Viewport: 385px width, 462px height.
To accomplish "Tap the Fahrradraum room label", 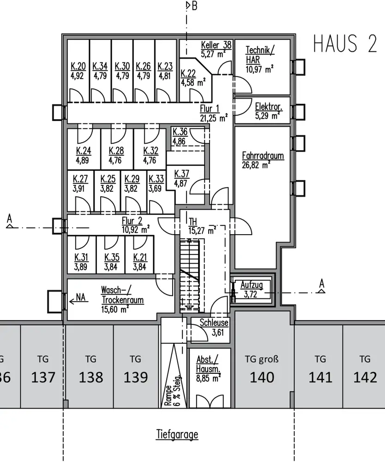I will coord(263,156).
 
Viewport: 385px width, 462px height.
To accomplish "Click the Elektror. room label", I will coord(268,107).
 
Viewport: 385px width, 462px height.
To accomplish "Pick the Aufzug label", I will coord(252,285).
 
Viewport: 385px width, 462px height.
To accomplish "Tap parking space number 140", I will coord(262,377).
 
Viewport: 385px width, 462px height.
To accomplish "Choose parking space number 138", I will coord(91,377).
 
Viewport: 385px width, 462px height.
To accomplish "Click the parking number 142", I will coord(365,377).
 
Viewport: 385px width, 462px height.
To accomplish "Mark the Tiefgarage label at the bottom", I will coord(177,434).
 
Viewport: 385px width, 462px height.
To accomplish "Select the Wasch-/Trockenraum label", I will coord(122,295).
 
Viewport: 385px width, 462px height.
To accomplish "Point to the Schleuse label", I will coord(214,323).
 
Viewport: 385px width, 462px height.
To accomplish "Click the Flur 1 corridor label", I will coord(210,108).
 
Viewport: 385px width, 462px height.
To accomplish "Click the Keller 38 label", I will coord(216,45).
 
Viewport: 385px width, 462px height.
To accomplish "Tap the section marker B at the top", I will coord(194,6).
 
